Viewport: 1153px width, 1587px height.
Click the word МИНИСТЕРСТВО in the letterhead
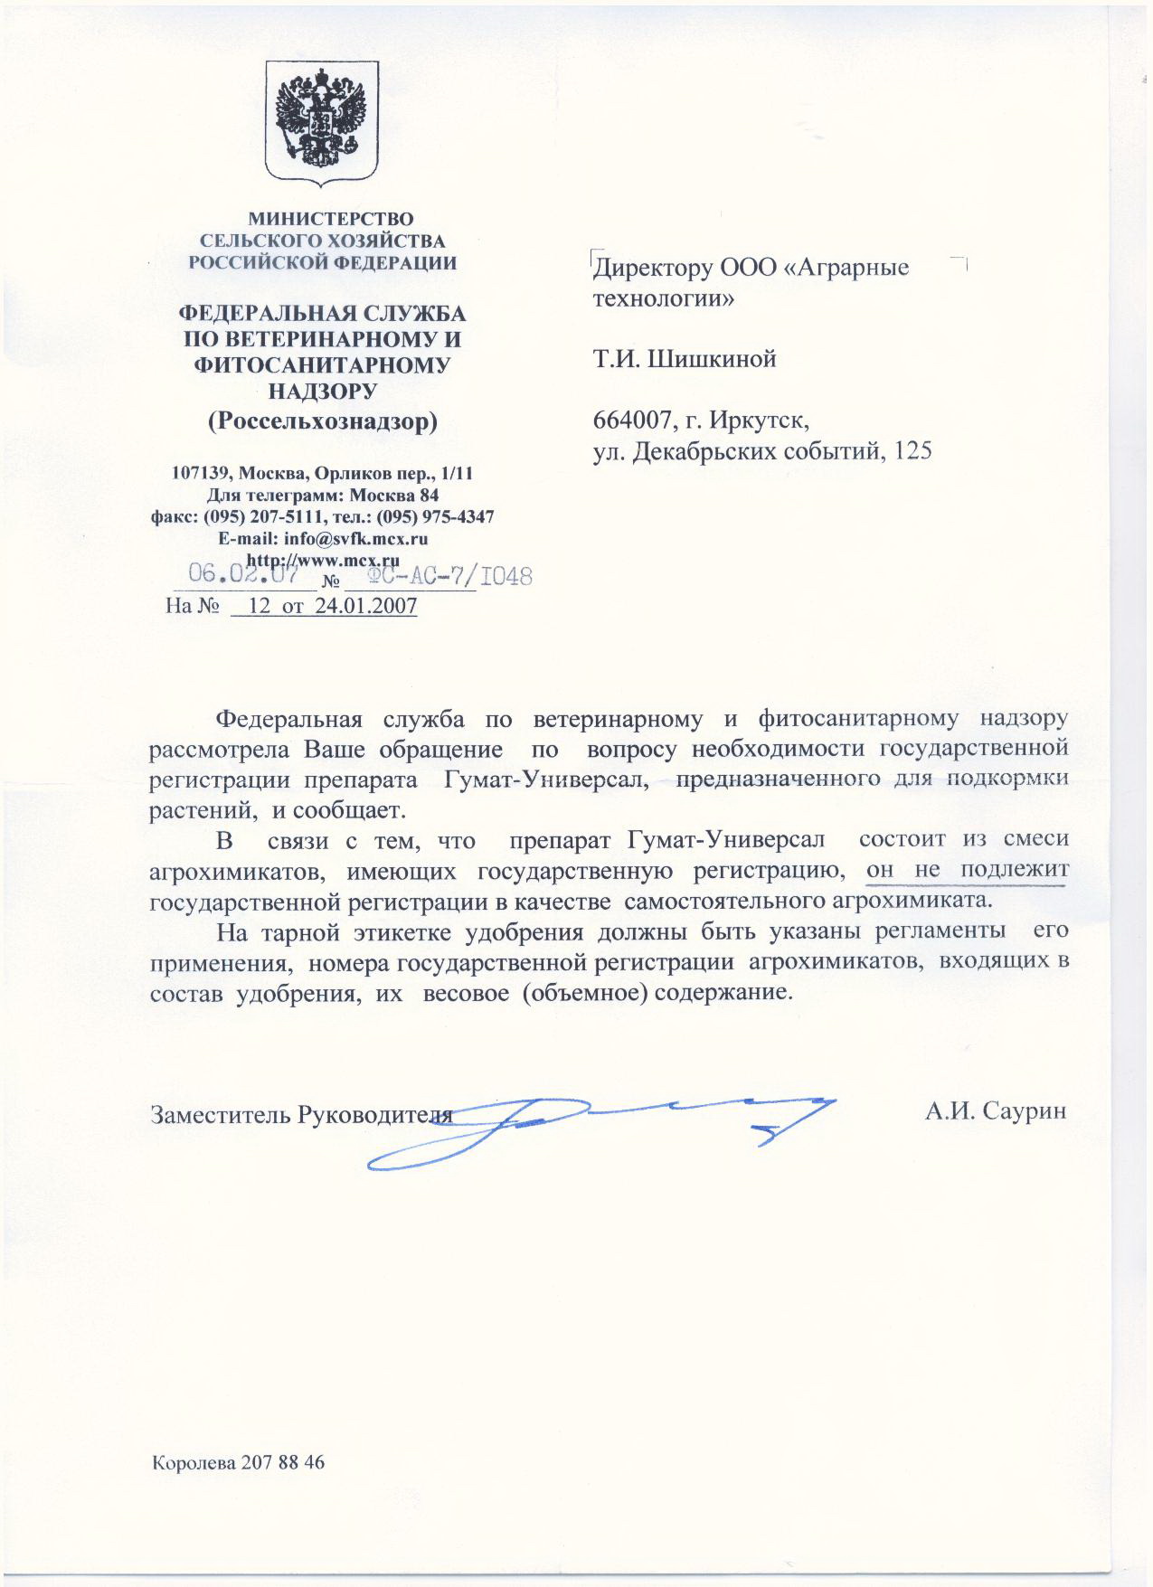pos(331,219)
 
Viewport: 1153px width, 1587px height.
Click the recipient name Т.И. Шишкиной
pos(685,360)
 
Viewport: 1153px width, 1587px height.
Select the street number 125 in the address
pos(912,451)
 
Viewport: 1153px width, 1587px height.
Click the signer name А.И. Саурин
pos(996,1111)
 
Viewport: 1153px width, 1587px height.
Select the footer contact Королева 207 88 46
pos(238,1463)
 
